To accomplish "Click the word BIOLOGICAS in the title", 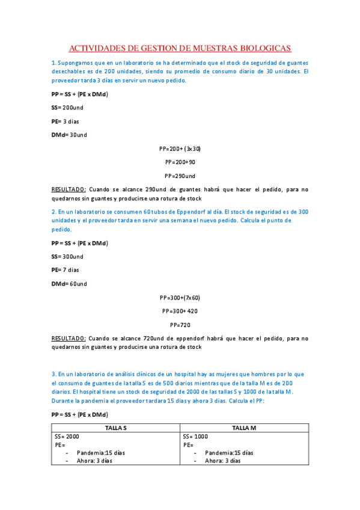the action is point(263,48).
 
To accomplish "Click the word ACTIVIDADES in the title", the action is point(100,48).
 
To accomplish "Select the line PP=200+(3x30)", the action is point(180,149).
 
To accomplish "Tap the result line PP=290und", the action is point(180,176).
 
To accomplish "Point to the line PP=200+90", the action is point(180,162).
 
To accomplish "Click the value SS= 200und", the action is point(67,107).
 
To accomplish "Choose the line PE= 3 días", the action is point(66,121).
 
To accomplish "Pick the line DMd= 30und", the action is point(69,135).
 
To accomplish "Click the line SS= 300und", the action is point(67,256).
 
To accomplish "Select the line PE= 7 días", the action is point(66,270).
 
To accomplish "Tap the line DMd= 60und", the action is point(69,284).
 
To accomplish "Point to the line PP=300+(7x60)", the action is point(180,298).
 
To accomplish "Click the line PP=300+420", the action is point(180,312).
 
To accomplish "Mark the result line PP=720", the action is point(180,325).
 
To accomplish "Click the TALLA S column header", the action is point(116,428).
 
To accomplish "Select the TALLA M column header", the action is point(245,428).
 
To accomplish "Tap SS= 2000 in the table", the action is point(67,437).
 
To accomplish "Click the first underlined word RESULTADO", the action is point(69,189).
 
